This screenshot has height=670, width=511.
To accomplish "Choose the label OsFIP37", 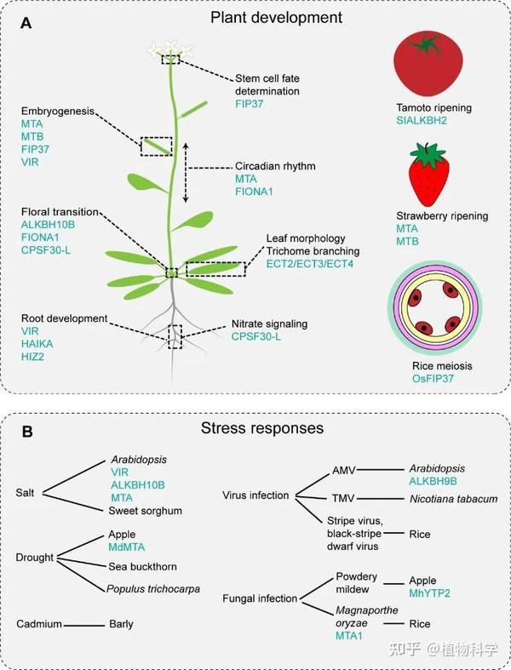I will point(433,378).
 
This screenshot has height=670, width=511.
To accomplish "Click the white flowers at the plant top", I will point(171,50).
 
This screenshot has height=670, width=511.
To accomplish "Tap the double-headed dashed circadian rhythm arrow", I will point(186,174).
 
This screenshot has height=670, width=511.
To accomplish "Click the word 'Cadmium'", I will point(39,624).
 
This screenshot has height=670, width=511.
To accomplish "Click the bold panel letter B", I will point(27,432).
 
